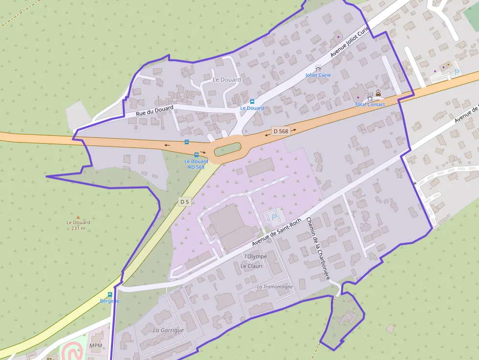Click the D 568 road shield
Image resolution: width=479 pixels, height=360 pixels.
click(x=281, y=131)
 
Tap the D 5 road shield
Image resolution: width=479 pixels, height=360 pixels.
click(x=184, y=201)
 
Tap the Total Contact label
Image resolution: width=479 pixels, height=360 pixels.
click(x=370, y=105)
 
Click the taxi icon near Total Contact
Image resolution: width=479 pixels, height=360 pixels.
click(x=378, y=92)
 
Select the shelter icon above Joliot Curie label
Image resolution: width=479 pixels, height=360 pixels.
click(x=318, y=68)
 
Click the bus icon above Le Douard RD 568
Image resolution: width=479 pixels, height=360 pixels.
click(x=196, y=155)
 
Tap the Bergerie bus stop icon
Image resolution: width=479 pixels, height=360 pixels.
click(x=110, y=295)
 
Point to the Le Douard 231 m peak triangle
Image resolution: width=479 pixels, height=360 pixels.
click(x=78, y=216)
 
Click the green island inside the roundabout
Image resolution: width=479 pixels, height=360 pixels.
click(x=228, y=148)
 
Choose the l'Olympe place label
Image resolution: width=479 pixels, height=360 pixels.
click(x=255, y=256)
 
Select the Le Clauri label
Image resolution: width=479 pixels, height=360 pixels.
click(x=251, y=266)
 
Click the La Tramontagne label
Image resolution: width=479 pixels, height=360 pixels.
click(x=275, y=286)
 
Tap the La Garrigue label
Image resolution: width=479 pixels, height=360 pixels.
click(x=168, y=330)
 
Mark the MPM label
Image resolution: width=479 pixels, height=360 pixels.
click(x=96, y=345)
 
